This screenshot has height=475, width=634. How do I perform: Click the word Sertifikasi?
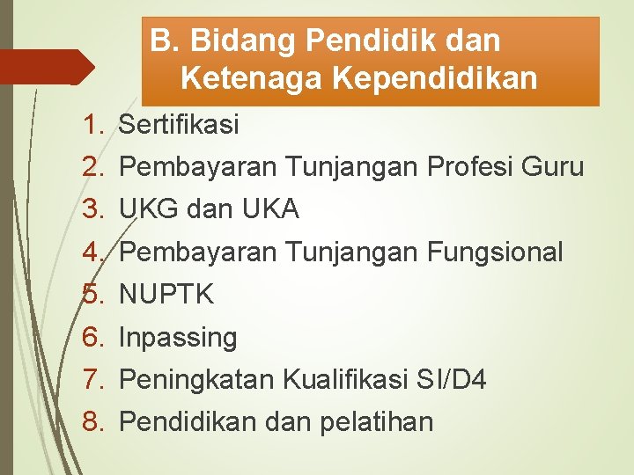[178, 125]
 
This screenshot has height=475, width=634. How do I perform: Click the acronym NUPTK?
[166, 295]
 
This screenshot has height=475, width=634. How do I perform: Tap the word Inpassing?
[178, 337]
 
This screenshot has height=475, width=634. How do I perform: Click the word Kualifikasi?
[345, 380]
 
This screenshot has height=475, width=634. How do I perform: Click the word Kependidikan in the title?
[435, 79]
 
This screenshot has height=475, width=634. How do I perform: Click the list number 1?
[93, 125]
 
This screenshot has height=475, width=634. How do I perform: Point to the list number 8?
[93, 422]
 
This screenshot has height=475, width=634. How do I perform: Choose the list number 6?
[93, 337]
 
